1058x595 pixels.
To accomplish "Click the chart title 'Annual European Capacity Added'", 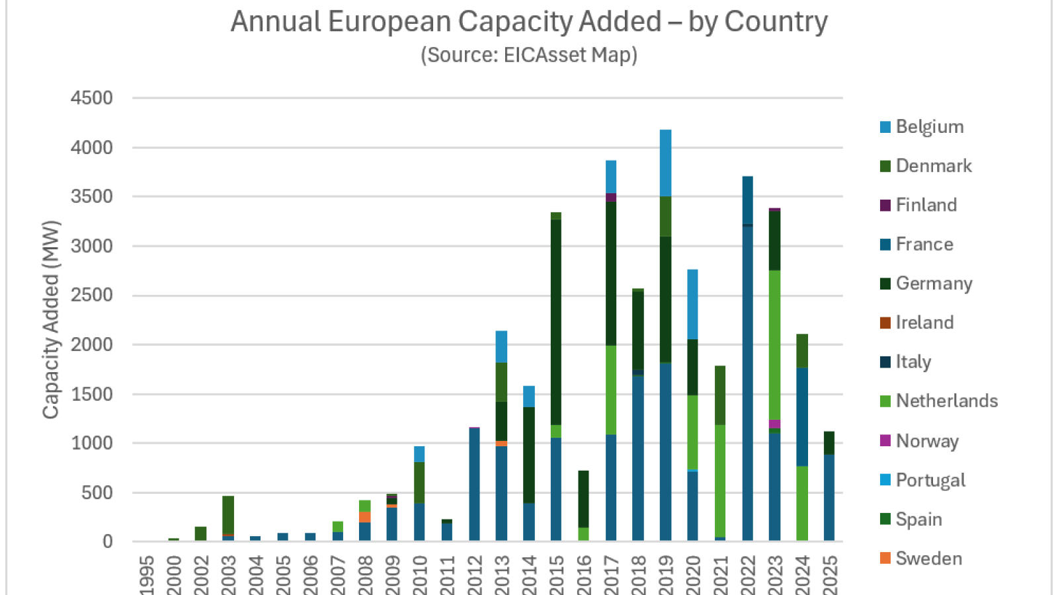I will click(528, 22).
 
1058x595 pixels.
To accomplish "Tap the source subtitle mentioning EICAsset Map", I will click(528, 55).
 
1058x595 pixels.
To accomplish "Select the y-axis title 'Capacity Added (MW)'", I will click(51, 319).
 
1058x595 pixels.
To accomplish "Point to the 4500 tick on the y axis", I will click(92, 98).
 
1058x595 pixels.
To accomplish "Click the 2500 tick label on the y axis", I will click(92, 295).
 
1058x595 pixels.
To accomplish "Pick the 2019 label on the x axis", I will click(665, 575).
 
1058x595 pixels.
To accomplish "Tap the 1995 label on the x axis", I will click(147, 575).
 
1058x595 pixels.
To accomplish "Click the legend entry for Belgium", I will click(929, 127).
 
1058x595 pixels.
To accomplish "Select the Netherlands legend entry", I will click(946, 401).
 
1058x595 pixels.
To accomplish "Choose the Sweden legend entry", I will click(928, 559).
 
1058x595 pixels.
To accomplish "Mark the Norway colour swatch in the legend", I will click(885, 441).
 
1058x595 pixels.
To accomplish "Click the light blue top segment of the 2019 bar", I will click(665, 163).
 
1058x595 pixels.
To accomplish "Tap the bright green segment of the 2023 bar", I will click(774, 344).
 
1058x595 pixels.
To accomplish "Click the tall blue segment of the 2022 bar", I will click(747, 383).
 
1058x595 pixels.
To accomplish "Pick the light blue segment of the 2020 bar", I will click(692, 304).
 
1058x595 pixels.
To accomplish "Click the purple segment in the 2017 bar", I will click(611, 198).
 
